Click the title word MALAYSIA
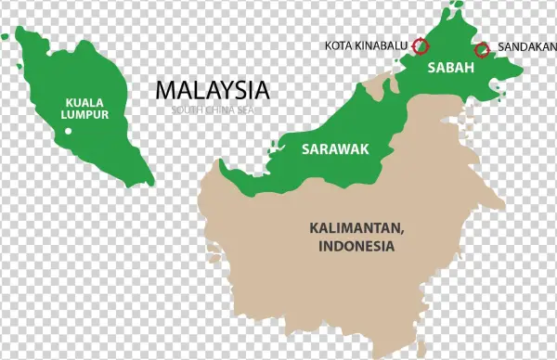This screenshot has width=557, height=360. [213, 90]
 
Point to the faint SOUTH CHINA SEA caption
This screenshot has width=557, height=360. [213, 109]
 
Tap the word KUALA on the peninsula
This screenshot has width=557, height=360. [84, 102]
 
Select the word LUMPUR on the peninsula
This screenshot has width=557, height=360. [84, 115]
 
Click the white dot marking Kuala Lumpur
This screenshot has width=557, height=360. [69, 132]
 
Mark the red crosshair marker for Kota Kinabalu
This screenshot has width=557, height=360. [421, 45]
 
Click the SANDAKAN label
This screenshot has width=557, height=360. [522, 45]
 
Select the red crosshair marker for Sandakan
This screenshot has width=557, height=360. [481, 49]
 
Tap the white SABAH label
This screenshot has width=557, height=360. [450, 69]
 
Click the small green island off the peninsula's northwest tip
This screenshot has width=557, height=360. [6, 38]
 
